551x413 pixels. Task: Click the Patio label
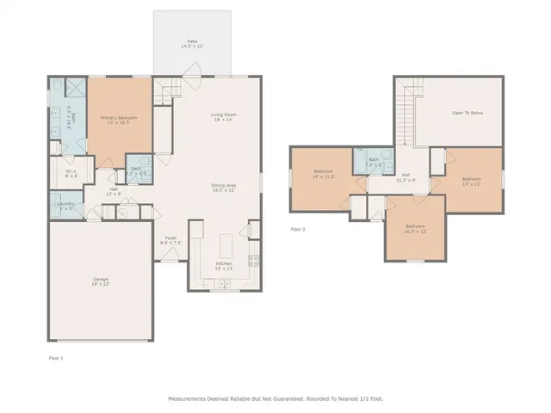pos(191,43)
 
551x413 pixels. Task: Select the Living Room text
pos(224,116)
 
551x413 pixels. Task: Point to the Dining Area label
pos(224,188)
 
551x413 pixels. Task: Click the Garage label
pos(102,281)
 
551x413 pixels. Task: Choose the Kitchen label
pos(224,265)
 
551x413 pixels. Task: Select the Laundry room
pos(66,206)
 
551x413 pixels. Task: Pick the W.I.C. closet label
pos(71,173)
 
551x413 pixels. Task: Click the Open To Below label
pos(467,113)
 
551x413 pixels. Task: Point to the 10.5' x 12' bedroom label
pos(416,230)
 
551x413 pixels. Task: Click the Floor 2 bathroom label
pos(374,162)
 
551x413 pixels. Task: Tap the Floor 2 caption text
pos(298,229)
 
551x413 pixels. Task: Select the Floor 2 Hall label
pos(406,179)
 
